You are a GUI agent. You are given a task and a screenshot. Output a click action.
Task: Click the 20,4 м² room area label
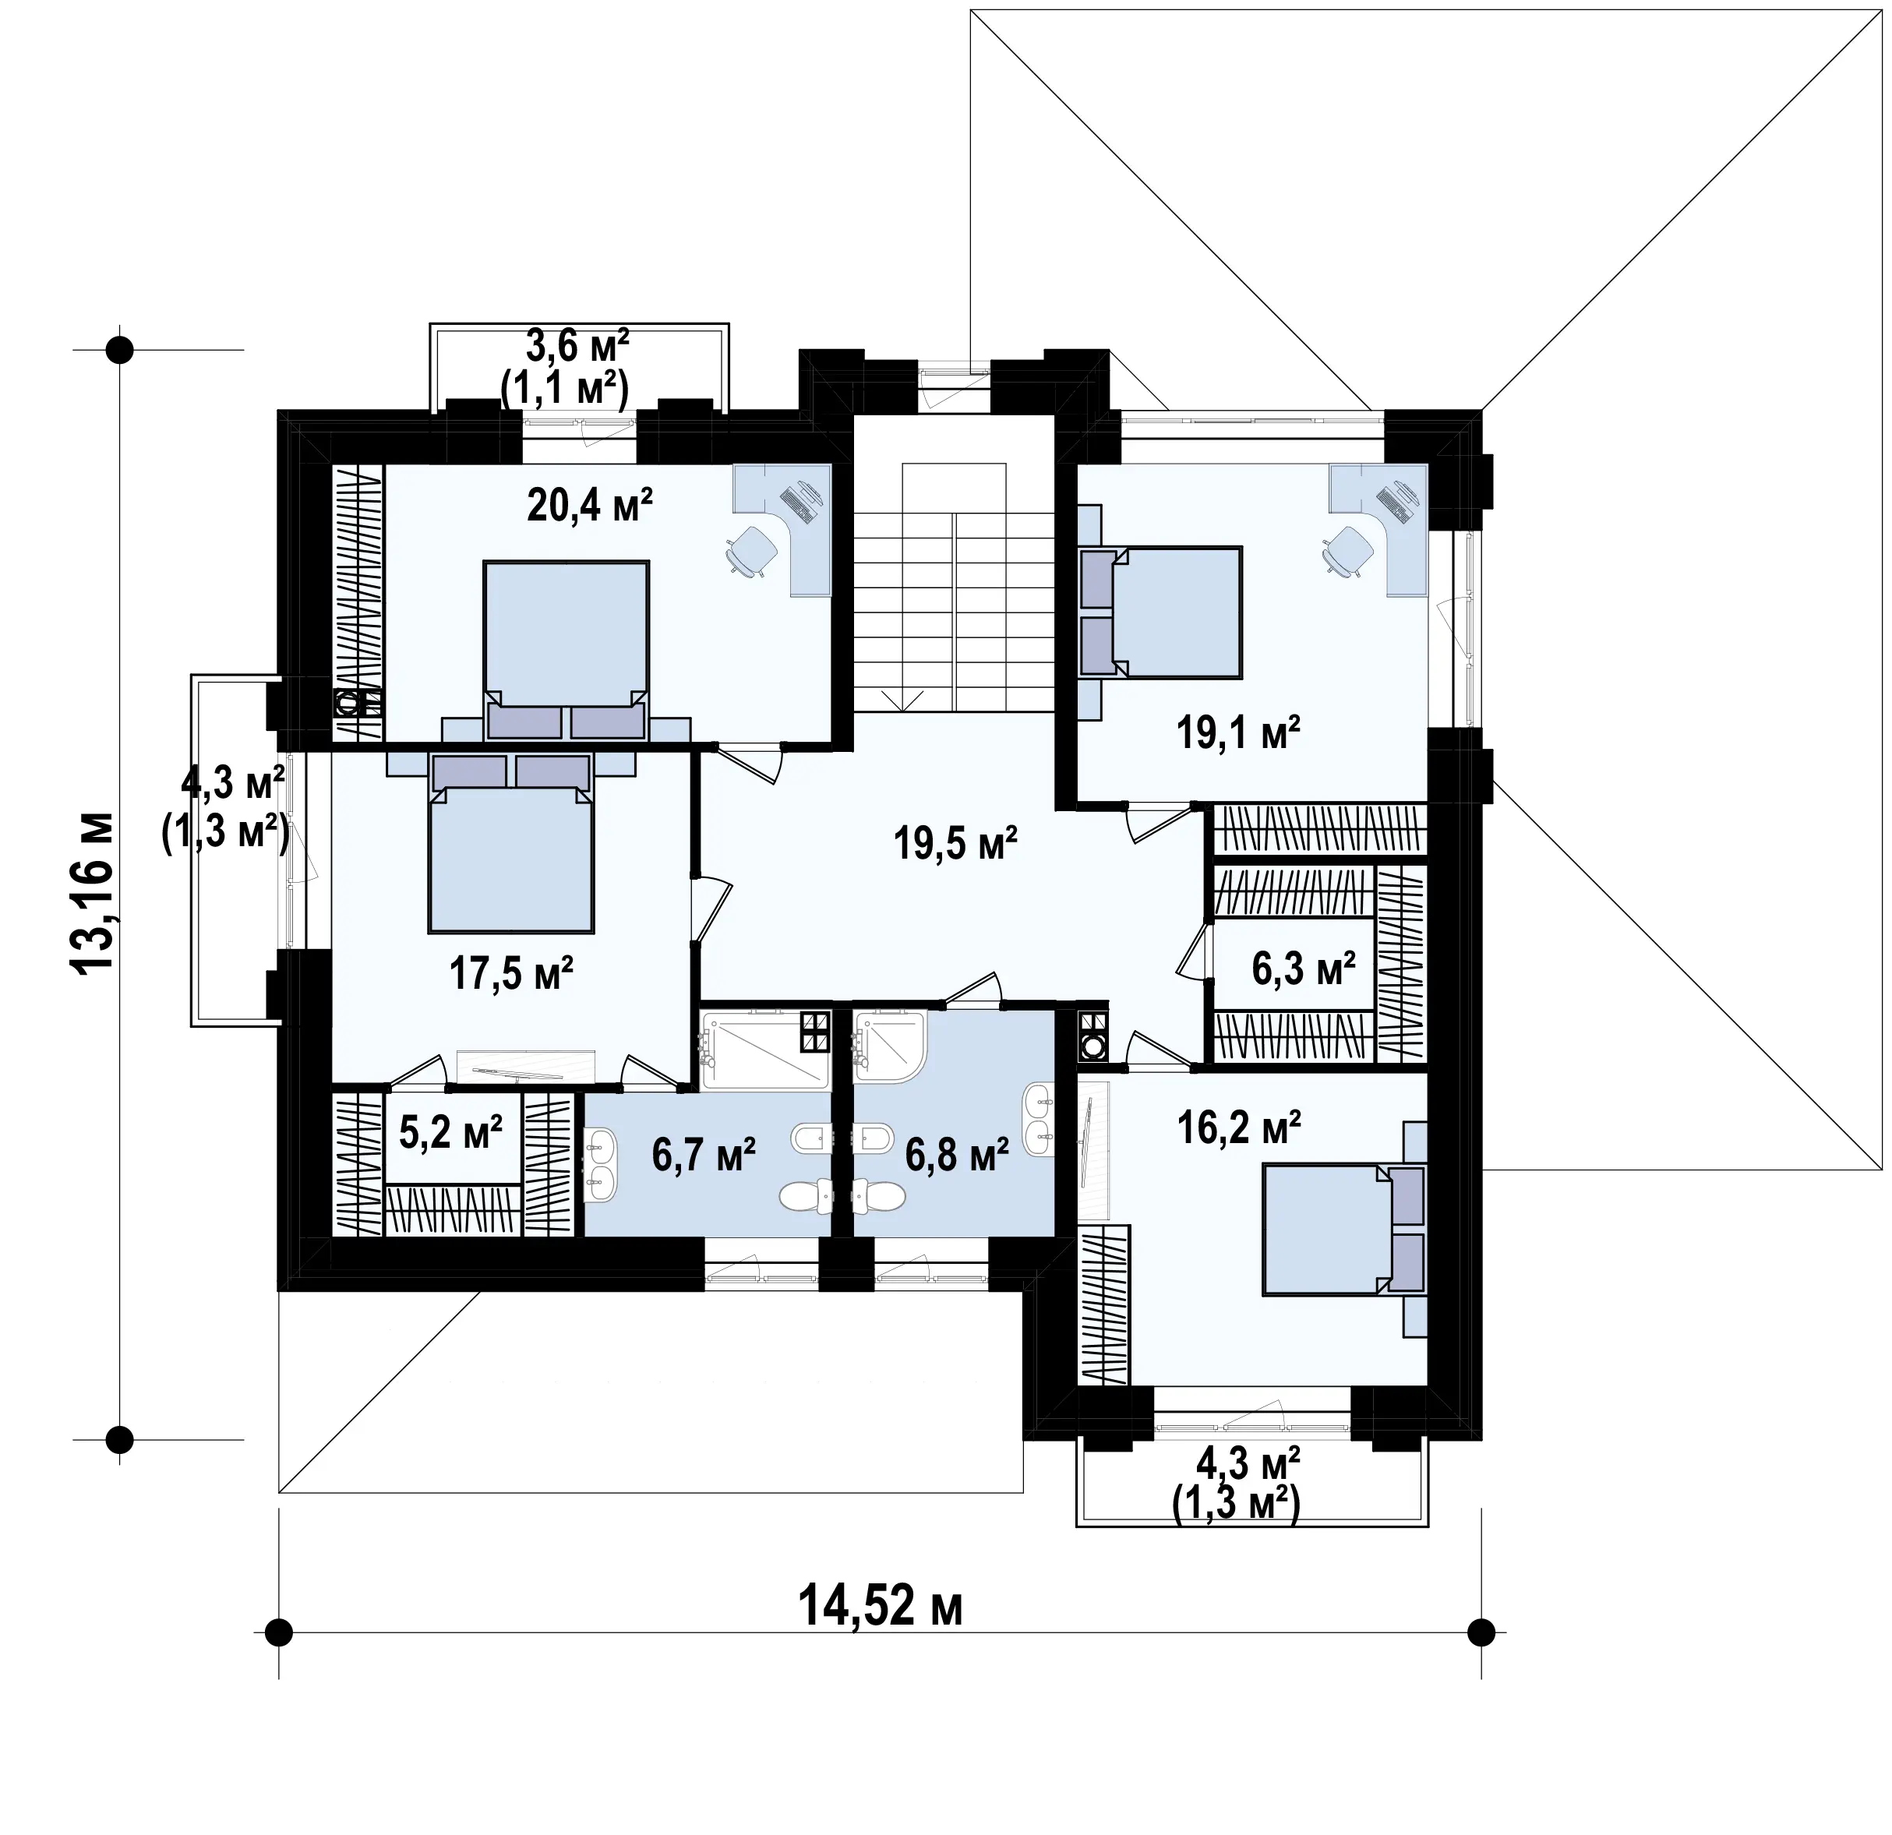click(x=590, y=504)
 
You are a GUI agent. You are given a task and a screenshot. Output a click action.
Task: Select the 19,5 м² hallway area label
click(x=955, y=842)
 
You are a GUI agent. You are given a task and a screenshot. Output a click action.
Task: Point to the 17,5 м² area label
click(x=512, y=974)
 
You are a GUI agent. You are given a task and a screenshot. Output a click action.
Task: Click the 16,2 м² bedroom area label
click(x=1240, y=1127)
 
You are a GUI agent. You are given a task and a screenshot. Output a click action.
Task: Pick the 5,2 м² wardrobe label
click(x=451, y=1132)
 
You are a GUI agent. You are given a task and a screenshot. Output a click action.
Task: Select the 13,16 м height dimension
click(x=94, y=893)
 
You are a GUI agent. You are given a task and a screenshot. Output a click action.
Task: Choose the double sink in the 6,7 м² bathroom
click(x=602, y=1165)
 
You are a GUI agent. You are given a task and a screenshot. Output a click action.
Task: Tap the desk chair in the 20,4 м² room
click(x=751, y=552)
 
